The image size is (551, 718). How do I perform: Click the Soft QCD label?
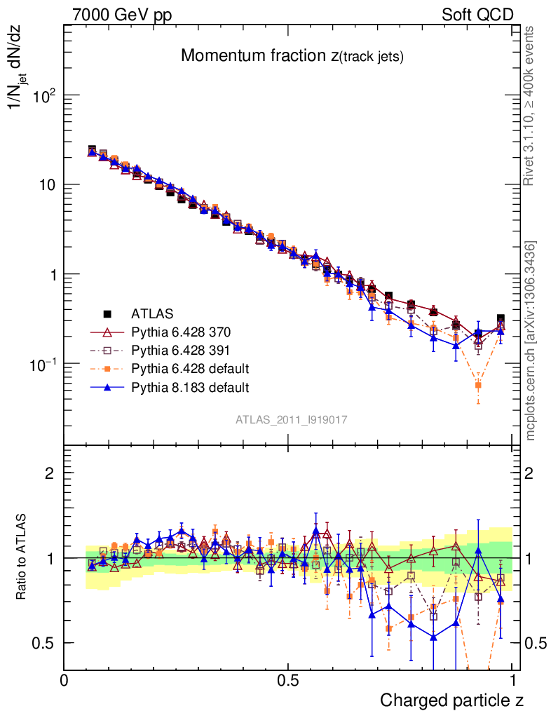tap(477, 15)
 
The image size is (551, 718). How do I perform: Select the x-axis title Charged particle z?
tap(451, 700)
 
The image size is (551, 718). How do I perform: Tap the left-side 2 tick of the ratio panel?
tap(49, 473)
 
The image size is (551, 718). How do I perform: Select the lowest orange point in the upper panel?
tap(478, 385)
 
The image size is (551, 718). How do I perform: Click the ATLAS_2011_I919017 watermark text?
tap(292, 419)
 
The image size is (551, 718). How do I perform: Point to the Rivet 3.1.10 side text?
tap(529, 106)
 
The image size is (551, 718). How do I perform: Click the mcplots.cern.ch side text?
tap(531, 341)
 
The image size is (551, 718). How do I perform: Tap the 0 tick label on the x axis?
tap(64, 679)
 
